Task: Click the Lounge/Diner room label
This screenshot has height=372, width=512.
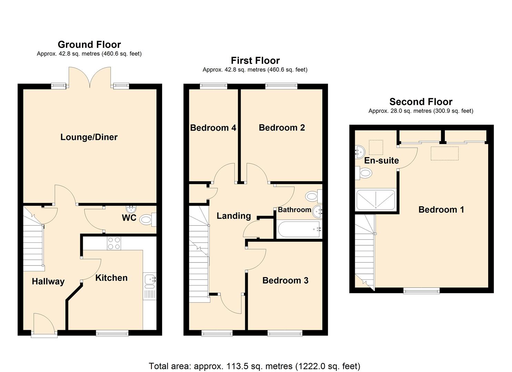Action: coord(89,137)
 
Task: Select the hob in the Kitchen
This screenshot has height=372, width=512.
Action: coord(114,243)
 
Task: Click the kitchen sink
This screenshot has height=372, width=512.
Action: coord(150,281)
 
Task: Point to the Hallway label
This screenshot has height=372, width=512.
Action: coord(48,281)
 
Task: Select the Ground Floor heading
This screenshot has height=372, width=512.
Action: coord(89,44)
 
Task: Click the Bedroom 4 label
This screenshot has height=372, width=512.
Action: coord(213,128)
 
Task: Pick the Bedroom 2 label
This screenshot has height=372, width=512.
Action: coord(282,128)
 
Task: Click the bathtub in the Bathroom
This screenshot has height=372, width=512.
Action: coord(299,230)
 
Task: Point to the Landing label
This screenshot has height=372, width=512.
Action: coord(233,216)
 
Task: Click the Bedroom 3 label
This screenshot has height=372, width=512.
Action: coord(285,280)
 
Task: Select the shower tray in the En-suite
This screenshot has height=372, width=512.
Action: coord(375,200)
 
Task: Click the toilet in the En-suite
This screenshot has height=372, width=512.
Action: coord(364,173)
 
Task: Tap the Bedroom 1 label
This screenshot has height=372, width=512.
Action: coord(441,209)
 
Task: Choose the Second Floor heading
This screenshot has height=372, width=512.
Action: coord(421,102)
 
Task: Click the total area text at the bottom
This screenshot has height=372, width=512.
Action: coord(254,366)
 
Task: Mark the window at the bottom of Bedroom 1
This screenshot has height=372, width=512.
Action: coord(421,291)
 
